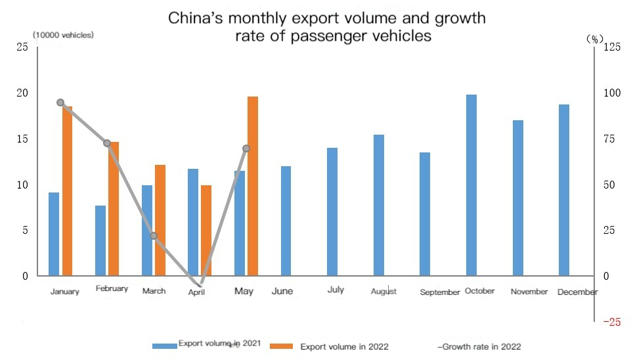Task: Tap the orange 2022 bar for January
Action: pos(68,191)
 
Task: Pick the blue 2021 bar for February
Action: pos(100,240)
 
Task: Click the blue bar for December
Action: pos(564,190)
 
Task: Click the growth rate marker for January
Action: pos(60,102)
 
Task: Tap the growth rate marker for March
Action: pos(153,236)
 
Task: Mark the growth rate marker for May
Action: pos(246,148)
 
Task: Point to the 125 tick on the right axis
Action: pos(612,47)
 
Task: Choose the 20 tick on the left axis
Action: pos(23,93)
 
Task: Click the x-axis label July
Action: pos(336,290)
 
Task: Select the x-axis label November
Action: pos(529,292)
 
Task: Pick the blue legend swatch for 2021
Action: pos(164,346)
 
